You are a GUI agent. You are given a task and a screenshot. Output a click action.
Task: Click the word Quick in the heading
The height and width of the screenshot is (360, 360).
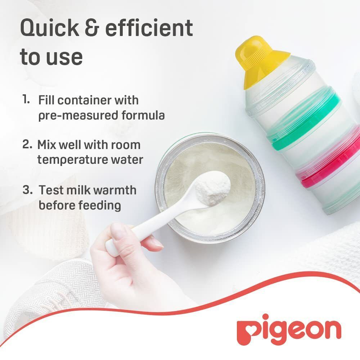tap(49, 28)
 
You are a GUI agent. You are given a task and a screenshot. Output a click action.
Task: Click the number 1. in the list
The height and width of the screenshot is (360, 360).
tap(26, 99)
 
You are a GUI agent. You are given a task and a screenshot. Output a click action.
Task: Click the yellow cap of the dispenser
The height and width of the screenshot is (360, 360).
tap(261, 60)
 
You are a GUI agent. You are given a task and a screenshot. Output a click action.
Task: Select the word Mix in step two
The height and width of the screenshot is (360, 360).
tap(46, 145)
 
